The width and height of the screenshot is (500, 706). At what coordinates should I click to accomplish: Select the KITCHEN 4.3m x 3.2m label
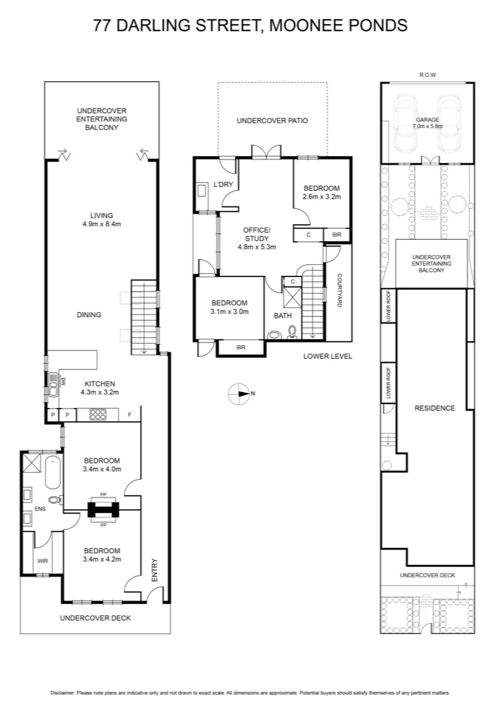point(98,388)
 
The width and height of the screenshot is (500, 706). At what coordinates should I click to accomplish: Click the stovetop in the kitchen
point(98,414)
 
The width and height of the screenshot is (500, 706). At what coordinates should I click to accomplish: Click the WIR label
point(42,561)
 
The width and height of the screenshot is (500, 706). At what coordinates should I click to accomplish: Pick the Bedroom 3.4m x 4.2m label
point(101,554)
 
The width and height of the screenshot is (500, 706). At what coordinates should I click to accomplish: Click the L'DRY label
point(224,185)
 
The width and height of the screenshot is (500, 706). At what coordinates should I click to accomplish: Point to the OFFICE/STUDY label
point(257,239)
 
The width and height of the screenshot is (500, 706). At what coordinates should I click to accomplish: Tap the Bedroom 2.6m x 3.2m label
point(321,192)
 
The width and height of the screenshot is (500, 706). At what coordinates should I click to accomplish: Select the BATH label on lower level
point(283,316)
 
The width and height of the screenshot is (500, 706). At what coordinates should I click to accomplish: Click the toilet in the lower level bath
point(293,331)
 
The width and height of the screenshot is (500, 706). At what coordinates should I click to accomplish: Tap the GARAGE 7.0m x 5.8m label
point(428,122)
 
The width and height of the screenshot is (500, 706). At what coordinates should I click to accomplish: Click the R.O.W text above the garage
point(427,75)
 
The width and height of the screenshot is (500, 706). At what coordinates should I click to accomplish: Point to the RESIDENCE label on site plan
point(435,409)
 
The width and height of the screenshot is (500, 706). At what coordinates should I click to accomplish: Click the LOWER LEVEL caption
point(328,356)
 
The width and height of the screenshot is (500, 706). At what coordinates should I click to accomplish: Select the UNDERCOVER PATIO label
point(272,121)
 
